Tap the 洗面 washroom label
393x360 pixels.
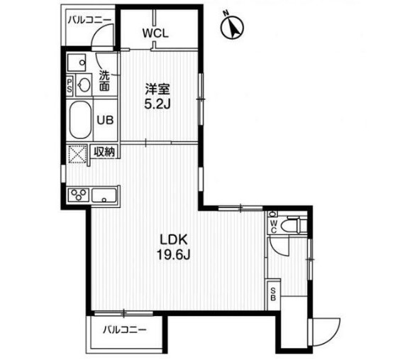click(x=104, y=80)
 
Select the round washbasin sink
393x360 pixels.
click(x=84, y=85)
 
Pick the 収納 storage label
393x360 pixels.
click(x=104, y=151)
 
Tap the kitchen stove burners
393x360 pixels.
click(x=77, y=196)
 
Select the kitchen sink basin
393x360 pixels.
click(x=107, y=196)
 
